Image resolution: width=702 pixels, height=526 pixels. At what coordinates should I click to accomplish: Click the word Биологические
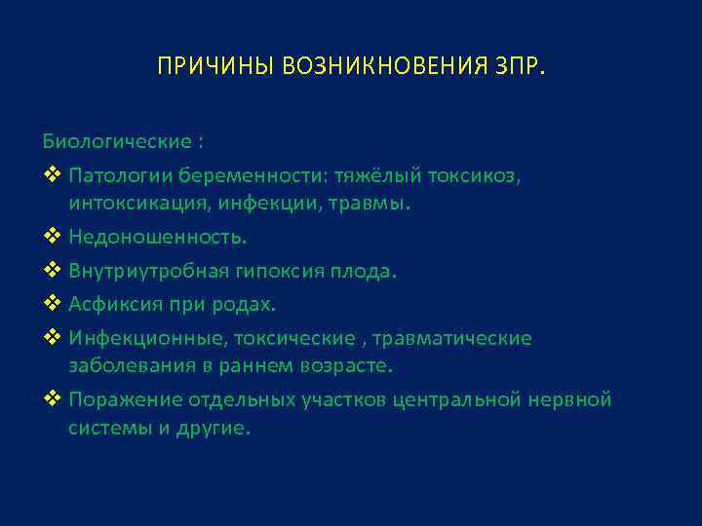tap(118, 142)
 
